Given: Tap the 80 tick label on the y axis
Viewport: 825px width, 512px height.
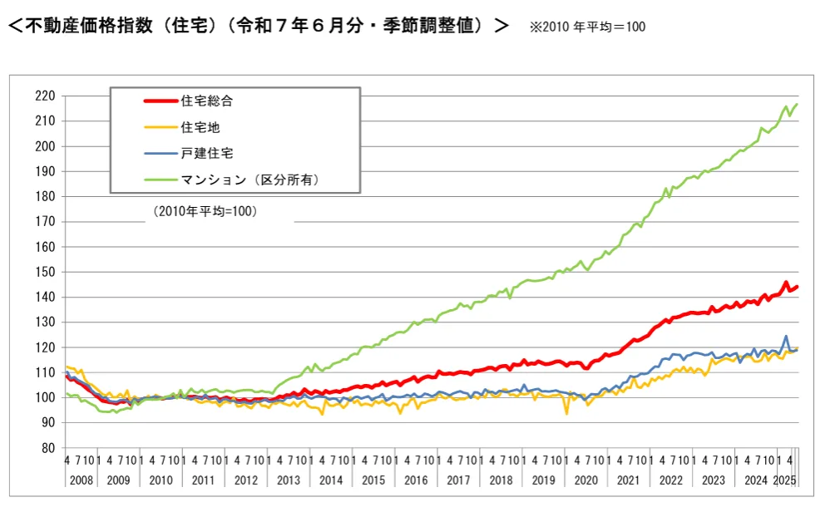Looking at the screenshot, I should [47, 448].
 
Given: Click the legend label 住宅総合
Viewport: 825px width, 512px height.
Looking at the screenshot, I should [206, 101].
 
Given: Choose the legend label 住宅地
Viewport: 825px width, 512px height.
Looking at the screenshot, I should [200, 127].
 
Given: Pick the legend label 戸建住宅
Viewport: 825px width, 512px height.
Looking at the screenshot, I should [206, 153].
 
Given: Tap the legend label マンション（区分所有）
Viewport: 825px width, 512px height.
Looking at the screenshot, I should [249, 179].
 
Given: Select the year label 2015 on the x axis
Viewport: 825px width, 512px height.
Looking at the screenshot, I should [373, 480].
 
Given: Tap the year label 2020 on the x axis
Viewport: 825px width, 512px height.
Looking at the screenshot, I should [586, 480].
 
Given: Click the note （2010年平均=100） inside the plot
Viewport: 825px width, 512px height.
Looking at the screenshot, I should [205, 212].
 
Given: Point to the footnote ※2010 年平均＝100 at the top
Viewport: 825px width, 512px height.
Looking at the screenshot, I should [587, 27].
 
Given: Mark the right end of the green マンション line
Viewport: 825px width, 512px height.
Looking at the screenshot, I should [796, 105].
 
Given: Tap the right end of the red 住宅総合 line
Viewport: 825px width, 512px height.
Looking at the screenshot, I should [797, 287].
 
